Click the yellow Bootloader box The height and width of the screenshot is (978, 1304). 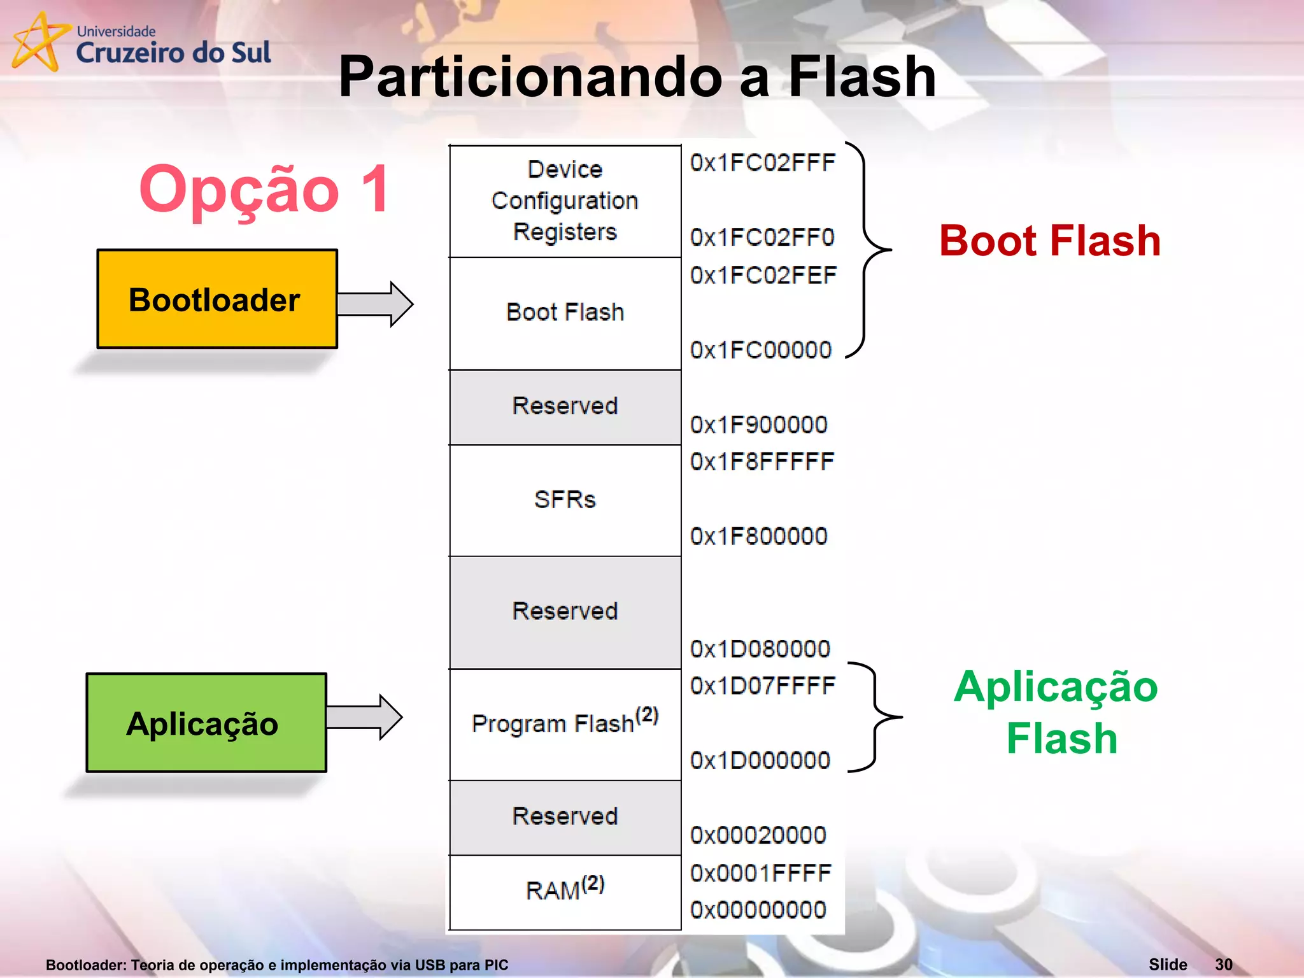pos(216,299)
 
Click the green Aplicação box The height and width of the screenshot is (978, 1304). pos(206,723)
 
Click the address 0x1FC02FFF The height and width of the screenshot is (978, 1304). pos(763,163)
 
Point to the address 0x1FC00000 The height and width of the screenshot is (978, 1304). pos(761,350)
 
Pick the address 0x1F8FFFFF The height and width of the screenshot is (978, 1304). pos(762,462)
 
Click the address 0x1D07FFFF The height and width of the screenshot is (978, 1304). pos(763,686)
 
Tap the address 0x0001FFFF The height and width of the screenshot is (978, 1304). pos(761,873)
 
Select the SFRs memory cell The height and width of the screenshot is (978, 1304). pos(565,500)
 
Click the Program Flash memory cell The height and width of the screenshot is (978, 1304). pos(565,723)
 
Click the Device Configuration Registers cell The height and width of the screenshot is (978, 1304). pos(565,201)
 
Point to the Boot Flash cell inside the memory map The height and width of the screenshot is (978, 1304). pos(565,313)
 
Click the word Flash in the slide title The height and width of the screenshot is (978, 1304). pos(862,77)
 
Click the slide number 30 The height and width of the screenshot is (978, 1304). pos(1223,965)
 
